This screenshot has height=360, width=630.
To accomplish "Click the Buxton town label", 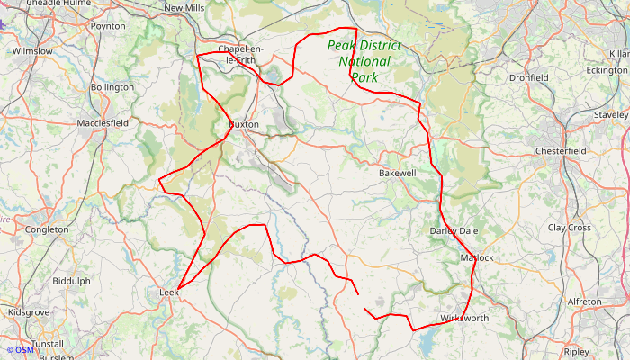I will click(244, 124).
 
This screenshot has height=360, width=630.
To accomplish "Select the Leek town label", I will click(169, 293).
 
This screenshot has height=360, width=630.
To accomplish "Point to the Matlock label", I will click(477, 258).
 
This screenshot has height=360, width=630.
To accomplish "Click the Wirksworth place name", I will click(465, 319).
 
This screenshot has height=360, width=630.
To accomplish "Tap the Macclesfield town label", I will click(103, 122).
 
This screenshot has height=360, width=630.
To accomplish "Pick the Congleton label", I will click(48, 229).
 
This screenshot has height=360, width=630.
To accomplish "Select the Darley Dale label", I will click(454, 231).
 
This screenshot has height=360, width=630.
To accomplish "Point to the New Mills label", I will click(184, 8).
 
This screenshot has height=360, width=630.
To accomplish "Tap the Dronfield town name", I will click(529, 78).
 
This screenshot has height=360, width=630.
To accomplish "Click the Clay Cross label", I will click(570, 228).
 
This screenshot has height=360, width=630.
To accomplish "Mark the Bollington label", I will click(112, 87).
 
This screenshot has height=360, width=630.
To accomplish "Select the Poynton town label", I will click(107, 26).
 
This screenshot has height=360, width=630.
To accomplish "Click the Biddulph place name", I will click(71, 281).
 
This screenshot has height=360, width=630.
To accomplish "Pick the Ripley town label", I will click(576, 352).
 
